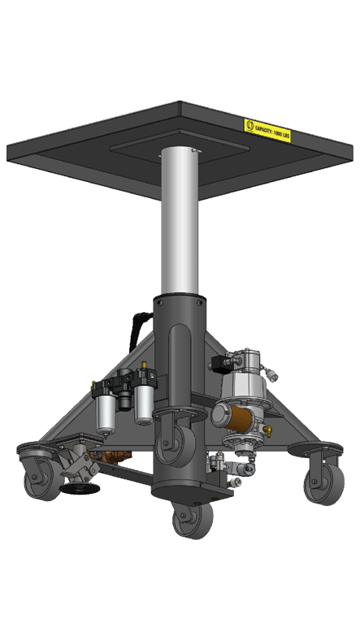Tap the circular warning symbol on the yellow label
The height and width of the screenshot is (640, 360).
point(249,125)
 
